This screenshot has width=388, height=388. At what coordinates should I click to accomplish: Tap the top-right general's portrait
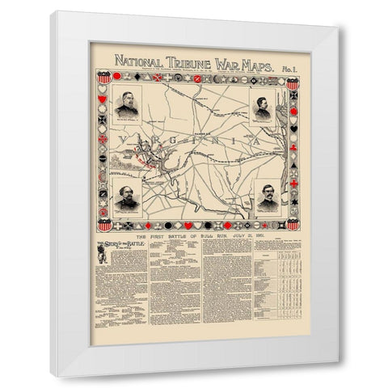(264, 108)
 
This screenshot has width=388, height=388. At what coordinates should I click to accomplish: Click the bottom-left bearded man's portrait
(133, 195)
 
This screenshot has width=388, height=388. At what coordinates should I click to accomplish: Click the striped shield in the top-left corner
(102, 80)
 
